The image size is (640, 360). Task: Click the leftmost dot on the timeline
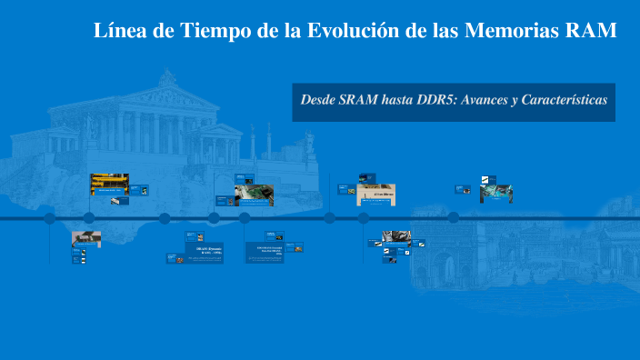pyautogui.click(x=50, y=218)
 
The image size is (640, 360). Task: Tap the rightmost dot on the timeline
pyautogui.click(x=453, y=218)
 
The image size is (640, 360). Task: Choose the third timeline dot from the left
pyautogui.click(x=165, y=218)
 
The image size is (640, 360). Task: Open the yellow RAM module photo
pyautogui.click(x=108, y=185)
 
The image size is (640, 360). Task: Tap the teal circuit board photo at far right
pyautogui.click(x=496, y=194)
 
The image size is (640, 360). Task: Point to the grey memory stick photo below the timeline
pyautogui.click(x=86, y=238)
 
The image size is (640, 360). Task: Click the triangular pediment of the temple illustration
pyautogui.click(x=168, y=89)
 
